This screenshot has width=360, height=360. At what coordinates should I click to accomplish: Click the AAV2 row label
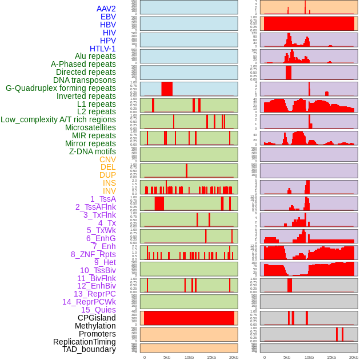(106, 9)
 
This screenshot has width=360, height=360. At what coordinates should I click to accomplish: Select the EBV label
(108, 17)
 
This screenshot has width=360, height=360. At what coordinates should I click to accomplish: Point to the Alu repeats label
(95, 57)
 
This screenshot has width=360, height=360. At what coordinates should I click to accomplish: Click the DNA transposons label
(85, 81)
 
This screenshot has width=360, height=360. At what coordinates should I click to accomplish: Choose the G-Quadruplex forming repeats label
(61, 89)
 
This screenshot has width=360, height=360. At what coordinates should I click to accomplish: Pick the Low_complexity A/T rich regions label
(58, 120)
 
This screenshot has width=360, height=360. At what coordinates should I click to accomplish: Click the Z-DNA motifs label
(93, 151)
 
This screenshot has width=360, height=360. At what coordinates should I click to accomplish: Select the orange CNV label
(107, 159)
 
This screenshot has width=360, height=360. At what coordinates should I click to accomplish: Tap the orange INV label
(109, 191)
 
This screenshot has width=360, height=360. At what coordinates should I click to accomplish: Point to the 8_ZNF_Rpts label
(93, 254)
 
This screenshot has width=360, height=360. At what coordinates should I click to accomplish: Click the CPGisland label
(97, 318)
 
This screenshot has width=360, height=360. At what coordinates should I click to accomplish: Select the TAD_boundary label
(89, 349)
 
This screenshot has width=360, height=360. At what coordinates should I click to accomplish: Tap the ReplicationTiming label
(85, 342)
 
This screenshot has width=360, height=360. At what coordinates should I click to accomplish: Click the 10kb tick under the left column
(189, 357)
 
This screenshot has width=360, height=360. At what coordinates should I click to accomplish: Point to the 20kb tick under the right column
(354, 357)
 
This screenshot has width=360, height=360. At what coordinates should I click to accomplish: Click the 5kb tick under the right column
(287, 357)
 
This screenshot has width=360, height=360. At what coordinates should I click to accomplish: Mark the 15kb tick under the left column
(211, 357)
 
